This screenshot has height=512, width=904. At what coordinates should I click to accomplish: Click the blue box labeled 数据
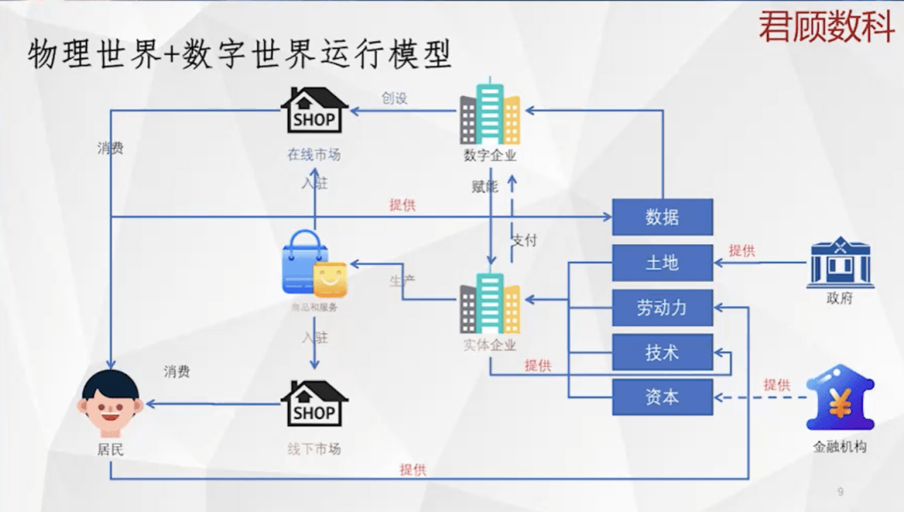coord(662,217)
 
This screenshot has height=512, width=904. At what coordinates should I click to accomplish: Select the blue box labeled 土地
coord(662,263)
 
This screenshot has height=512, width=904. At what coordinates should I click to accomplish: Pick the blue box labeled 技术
coord(662,352)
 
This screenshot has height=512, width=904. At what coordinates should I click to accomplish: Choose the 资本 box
coord(662,396)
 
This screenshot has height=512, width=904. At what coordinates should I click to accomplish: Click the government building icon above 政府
coord(840,262)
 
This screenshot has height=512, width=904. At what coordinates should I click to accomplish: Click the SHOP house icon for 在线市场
coord(314,111)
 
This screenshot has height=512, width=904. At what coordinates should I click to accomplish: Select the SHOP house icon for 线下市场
coord(314,404)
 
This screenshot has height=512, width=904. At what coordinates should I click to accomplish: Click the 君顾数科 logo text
coord(826,28)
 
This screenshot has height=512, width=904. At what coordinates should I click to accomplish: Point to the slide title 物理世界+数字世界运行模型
coord(240,55)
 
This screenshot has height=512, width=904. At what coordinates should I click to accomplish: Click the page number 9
coord(840,491)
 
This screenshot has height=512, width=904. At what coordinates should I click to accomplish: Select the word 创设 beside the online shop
coord(394,98)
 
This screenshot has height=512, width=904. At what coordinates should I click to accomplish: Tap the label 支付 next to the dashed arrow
coord(524,240)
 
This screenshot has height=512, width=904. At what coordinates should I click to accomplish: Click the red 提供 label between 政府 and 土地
coord(742,251)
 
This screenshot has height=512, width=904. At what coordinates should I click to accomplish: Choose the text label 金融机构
coord(840,446)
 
